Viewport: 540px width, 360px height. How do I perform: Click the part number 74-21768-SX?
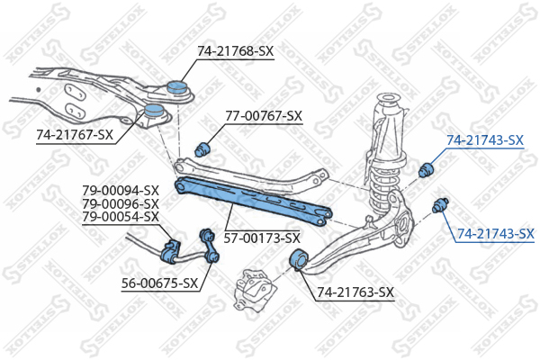pyautogui.click(x=235, y=51)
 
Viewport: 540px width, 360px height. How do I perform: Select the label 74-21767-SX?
pyautogui.click(x=75, y=135)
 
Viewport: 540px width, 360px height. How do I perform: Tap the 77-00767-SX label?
pyautogui.click(x=264, y=116)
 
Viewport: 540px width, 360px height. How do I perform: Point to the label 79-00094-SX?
pyautogui.click(x=121, y=191)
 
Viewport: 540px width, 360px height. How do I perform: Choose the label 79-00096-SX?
pyautogui.click(x=121, y=203)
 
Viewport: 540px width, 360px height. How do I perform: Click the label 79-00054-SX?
pyautogui.click(x=121, y=217)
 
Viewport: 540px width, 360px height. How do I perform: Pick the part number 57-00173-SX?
pyautogui.click(x=262, y=238)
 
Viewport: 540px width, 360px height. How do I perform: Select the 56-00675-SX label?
pyautogui.click(x=160, y=283)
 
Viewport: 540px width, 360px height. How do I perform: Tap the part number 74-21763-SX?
pyautogui.click(x=355, y=292)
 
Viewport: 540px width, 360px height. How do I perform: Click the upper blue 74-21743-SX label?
pyautogui.click(x=485, y=140)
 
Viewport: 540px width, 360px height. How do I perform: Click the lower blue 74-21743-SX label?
pyautogui.click(x=496, y=234)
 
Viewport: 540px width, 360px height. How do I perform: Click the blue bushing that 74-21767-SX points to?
pyautogui.click(x=153, y=111)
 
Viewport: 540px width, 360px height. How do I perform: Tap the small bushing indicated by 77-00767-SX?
pyautogui.click(x=202, y=149)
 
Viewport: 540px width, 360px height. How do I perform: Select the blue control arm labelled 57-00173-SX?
pyautogui.click(x=253, y=201)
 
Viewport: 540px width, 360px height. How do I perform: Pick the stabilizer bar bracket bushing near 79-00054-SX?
pyautogui.click(x=170, y=251)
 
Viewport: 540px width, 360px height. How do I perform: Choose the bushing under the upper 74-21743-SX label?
pyautogui.click(x=427, y=169)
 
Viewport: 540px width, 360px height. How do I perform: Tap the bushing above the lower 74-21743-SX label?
pyautogui.click(x=440, y=205)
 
